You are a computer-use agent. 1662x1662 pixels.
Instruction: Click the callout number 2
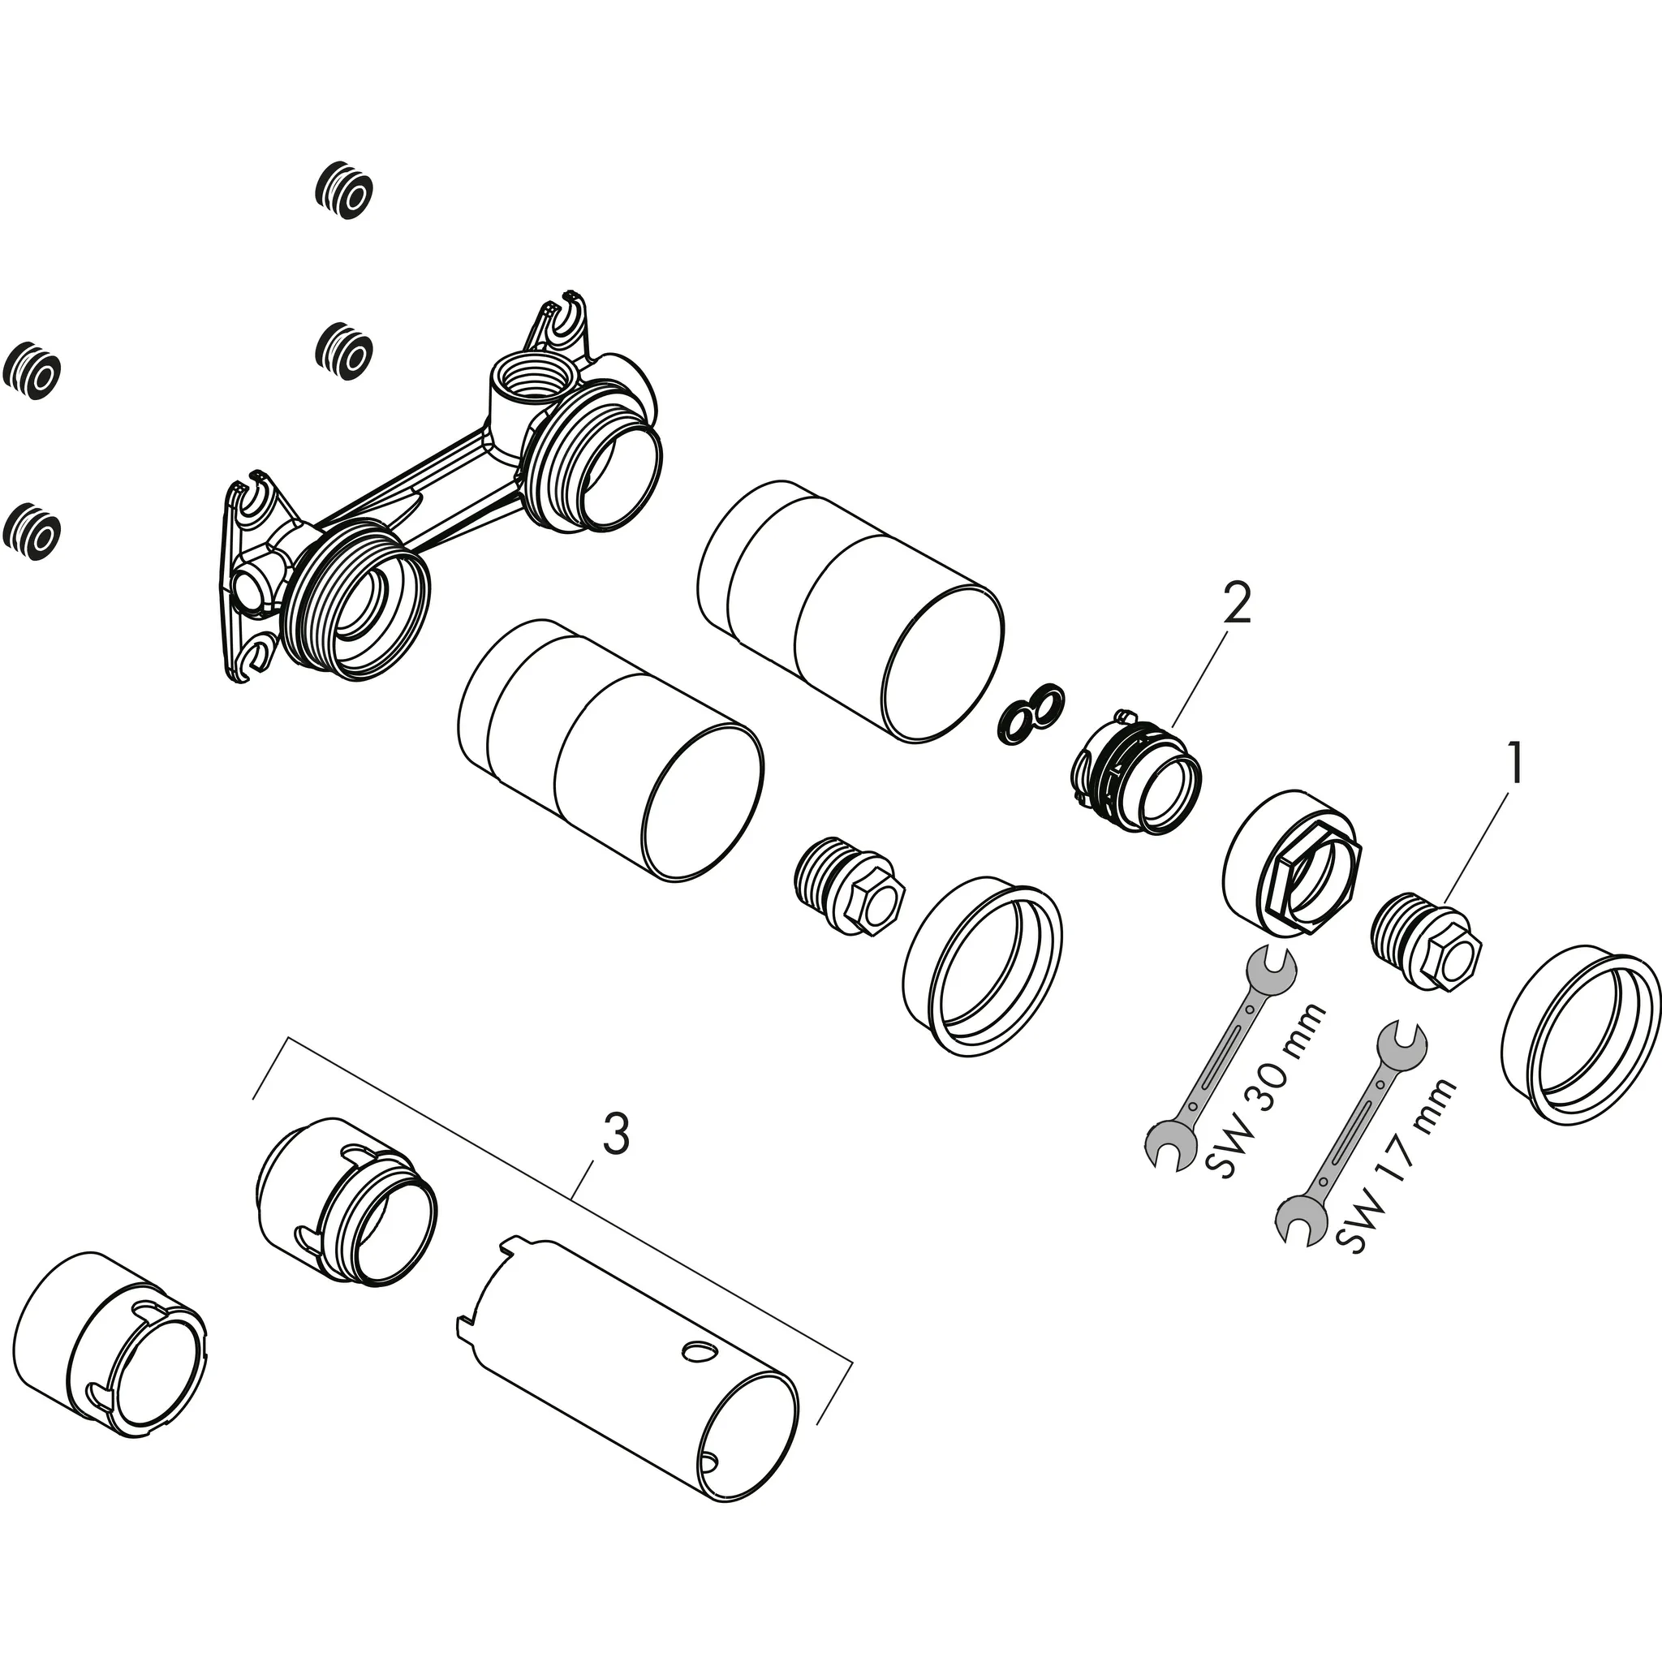click(x=1236, y=605)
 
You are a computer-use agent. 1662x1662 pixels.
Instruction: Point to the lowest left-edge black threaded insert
click(x=32, y=532)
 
